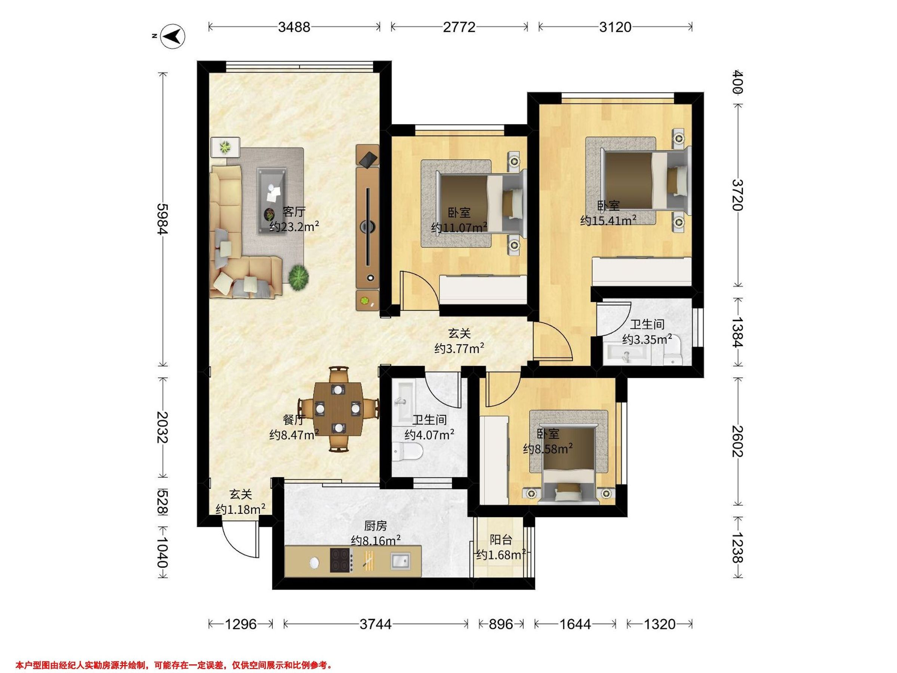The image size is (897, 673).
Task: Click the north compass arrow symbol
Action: coord(173,37)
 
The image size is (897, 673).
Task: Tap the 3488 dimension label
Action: coord(295,27)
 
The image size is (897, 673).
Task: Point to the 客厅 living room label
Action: coord(294,211)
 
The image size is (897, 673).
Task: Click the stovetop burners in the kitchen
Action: coord(340,560)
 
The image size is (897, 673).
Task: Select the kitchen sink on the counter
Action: coord(400,562)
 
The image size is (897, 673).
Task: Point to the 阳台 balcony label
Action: coord(501,540)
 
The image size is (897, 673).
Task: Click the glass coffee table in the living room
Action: coord(272,200)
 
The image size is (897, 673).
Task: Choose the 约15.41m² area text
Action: coord(608,220)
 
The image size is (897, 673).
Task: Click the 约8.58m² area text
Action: coord(548,449)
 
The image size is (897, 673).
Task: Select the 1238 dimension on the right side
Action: coord(737,548)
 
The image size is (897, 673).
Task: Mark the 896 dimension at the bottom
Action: coord(501,624)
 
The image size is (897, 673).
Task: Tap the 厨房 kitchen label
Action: coord(376,526)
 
